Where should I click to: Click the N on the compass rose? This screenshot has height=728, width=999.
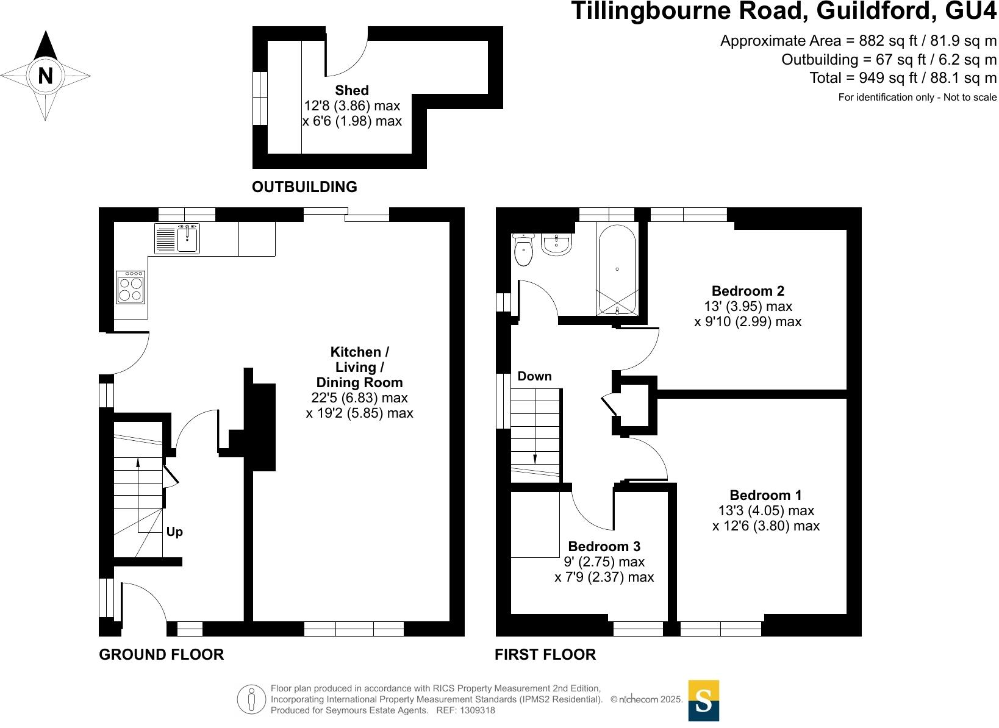coord(45,76)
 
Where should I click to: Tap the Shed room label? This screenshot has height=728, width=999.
coord(352,90)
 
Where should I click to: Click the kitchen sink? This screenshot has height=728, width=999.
coord(188,238)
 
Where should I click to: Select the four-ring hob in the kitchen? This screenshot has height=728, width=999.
coord(131,287)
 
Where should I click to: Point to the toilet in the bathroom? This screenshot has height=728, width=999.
coord(523,251)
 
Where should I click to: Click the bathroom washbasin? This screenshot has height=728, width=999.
coord(556,244)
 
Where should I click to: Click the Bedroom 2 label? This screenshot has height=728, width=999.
coord(748,291)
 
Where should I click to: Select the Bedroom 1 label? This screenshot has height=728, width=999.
coord(765,495)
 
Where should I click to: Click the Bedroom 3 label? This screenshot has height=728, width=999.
coord(604,546)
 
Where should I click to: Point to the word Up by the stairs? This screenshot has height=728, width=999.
coord(174,532)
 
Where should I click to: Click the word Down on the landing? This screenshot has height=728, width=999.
coord(534,376)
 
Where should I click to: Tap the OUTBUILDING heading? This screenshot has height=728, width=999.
coord(304,187)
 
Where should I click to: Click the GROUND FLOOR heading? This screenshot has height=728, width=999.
coord(161,655)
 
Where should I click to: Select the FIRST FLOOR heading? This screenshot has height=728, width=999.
coord(545,655)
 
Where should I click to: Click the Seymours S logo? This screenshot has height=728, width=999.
coord(703,701)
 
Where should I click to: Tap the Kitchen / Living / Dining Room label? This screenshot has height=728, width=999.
coord(359,367)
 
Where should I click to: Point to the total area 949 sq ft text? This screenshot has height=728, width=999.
coord(903,78)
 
